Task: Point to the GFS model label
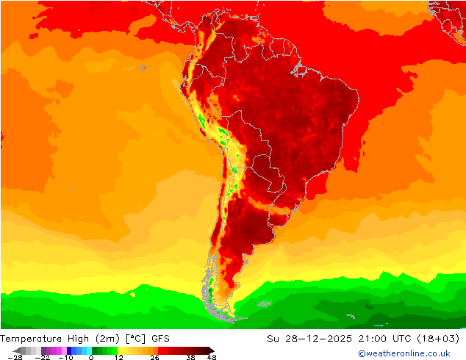pyautogui.click(x=161, y=339)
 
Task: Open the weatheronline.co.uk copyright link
pyautogui.click(x=404, y=353)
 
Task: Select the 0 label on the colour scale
pyautogui.click(x=91, y=357)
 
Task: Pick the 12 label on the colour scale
pyautogui.click(x=118, y=357)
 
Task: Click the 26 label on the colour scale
pyautogui.click(x=154, y=357)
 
